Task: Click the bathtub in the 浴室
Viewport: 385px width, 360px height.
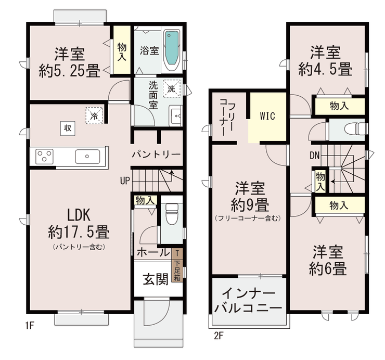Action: pos(172,50)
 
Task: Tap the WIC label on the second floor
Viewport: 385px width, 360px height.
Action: pos(267,116)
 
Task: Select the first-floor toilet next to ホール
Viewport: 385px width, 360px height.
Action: pos(172,214)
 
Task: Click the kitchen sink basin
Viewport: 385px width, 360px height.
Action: pos(87,157)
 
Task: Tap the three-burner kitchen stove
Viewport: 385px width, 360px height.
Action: pos(44,157)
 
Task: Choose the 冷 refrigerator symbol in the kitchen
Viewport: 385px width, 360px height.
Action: pos(94,115)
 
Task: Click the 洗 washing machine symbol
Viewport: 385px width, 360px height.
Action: pos(171,88)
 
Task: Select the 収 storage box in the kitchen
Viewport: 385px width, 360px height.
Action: pos(68,128)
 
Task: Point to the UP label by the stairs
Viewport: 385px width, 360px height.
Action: pos(125,181)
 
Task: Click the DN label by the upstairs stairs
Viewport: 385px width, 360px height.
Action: pos(315,155)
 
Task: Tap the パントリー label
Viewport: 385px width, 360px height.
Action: pos(157,155)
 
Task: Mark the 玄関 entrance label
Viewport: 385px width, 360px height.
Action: pos(156,279)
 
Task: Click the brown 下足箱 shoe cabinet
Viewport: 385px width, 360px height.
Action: pos(177,265)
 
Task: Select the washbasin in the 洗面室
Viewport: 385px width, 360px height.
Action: pos(176,115)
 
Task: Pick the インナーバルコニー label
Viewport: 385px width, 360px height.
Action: pos(249,301)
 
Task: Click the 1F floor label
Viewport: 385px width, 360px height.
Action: pos(30,325)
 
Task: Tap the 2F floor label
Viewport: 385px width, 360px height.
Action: pos(219,336)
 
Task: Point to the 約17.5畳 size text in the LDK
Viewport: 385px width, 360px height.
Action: pos(79,232)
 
